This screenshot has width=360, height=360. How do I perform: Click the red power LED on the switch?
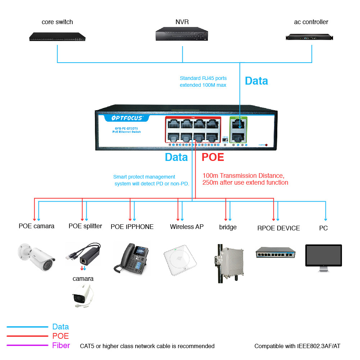pyautogui.click(x=266, y=145)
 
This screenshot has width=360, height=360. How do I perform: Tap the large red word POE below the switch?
pyautogui.click(x=213, y=157)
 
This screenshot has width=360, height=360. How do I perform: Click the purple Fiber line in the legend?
pyautogui.click(x=27, y=346)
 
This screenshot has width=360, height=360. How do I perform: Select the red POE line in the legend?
pyautogui.click(x=27, y=336)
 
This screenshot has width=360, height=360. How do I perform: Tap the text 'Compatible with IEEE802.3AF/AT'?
pyautogui.click(x=297, y=346)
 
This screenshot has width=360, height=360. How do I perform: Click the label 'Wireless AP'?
pyautogui.click(x=187, y=227)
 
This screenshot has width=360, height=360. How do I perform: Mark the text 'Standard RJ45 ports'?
pyautogui.click(x=203, y=78)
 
